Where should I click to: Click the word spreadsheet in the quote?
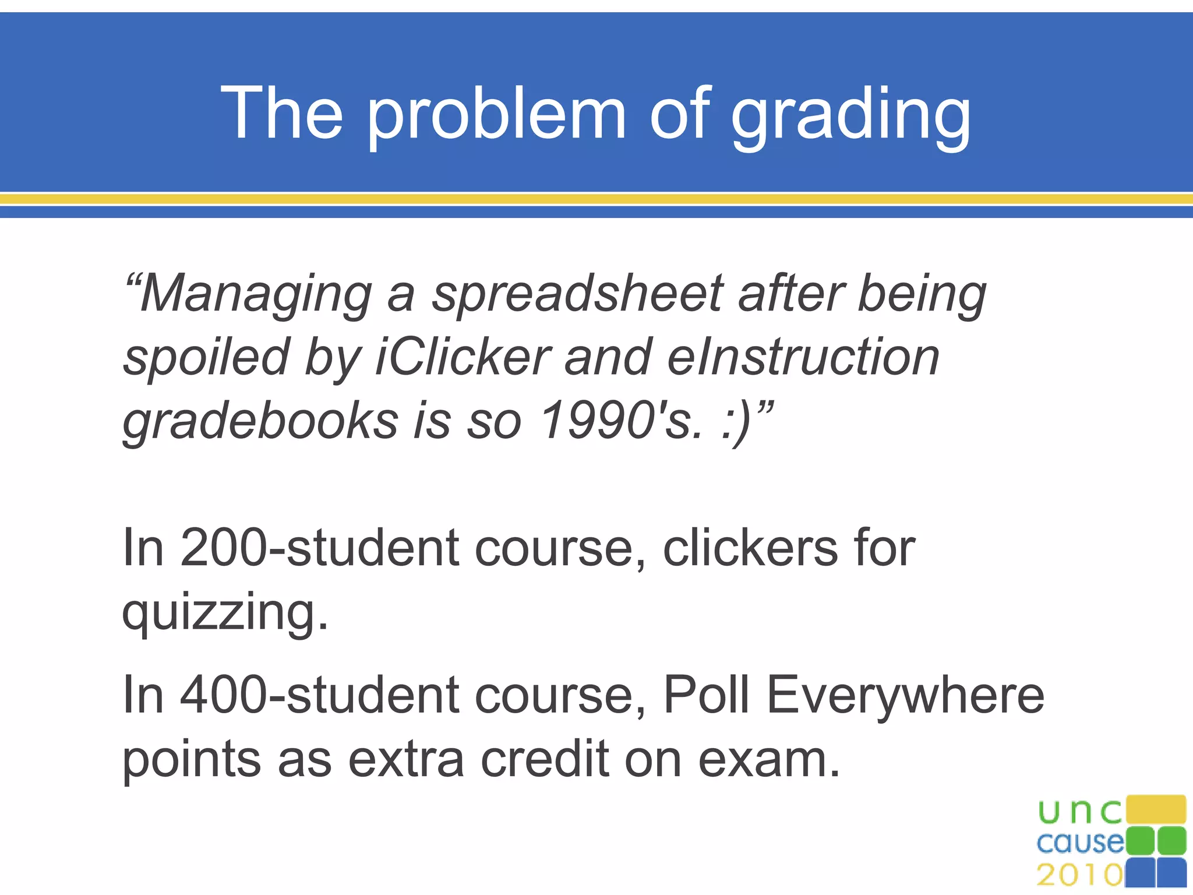578,294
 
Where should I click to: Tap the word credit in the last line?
545,759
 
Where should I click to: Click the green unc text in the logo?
1079,812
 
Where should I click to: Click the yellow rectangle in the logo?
1156,809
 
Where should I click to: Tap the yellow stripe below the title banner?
596,199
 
